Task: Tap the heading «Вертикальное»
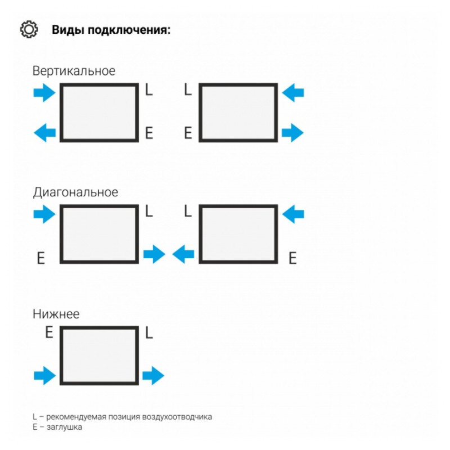74,71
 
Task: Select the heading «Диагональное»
75,192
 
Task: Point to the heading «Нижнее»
56,314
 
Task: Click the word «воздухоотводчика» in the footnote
177,417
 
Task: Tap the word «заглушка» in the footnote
64,427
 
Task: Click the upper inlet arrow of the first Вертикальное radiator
44,93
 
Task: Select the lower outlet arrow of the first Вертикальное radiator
45,133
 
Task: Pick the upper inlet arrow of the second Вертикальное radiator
293,93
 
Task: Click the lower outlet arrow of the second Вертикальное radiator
292,133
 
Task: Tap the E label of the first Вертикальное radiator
149,133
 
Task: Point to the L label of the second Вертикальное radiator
188,89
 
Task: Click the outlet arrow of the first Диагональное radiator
154,254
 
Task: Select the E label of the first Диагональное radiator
40,258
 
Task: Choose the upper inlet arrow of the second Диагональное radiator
293,214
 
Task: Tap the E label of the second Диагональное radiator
292,258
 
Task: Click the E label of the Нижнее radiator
49,332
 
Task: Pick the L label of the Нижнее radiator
149,332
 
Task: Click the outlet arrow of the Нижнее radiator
153,375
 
